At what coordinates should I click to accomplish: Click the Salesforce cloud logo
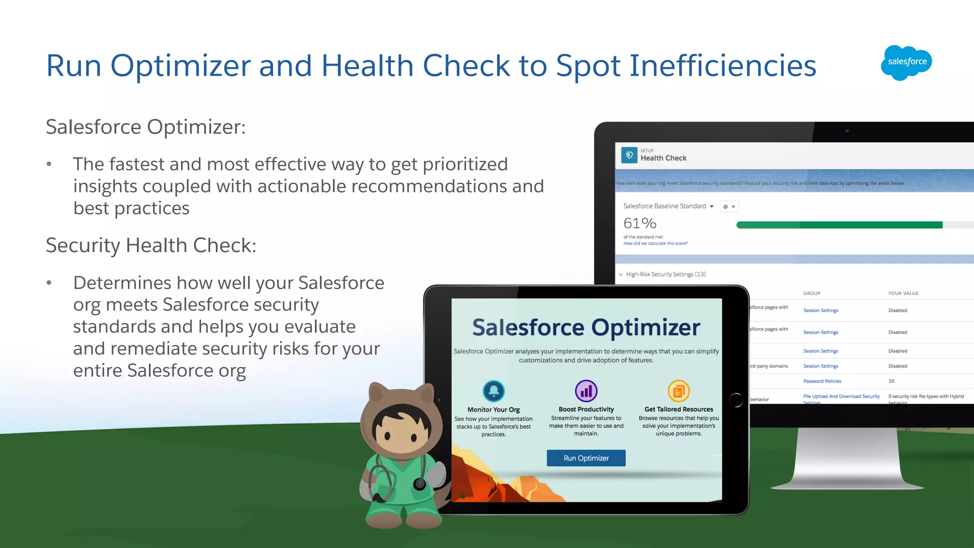(906, 62)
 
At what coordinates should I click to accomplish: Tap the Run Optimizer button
(586, 458)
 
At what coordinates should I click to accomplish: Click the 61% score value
(640, 223)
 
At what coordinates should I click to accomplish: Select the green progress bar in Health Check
(839, 225)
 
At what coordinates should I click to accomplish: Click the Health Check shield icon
(629, 155)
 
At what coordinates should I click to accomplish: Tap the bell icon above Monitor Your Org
(494, 391)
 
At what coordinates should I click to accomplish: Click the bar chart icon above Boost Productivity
(586, 391)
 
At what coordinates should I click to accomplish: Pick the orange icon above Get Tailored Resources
(679, 391)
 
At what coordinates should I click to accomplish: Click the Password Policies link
(822, 381)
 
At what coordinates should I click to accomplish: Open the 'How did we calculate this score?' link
(655, 244)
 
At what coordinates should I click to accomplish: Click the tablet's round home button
(735, 400)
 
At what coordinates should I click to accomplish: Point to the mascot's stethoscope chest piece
(419, 484)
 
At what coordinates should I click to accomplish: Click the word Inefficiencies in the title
(723, 66)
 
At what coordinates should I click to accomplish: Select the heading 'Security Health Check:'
(151, 245)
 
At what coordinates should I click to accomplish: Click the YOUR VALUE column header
(903, 294)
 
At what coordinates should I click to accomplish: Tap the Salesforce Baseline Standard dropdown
(668, 206)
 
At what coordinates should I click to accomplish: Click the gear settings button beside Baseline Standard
(729, 206)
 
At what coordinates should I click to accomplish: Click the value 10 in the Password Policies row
(891, 381)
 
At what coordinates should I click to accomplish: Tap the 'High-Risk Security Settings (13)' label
(665, 274)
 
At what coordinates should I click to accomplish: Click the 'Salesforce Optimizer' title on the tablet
(586, 327)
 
